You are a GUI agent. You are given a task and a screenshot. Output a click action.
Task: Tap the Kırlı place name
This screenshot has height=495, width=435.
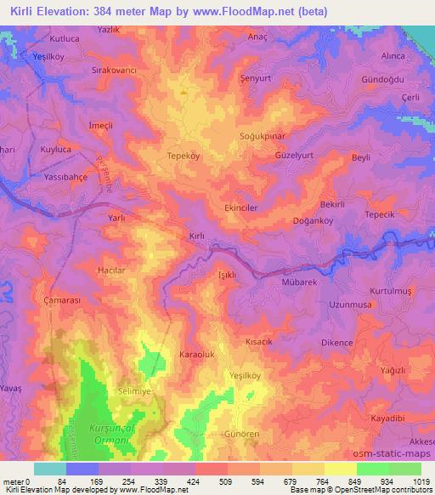(197, 236)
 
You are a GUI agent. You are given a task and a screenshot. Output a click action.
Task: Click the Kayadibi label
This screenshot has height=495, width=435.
(387, 418)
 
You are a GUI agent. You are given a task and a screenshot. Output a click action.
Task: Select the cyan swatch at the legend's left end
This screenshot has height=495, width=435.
(50, 469)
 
